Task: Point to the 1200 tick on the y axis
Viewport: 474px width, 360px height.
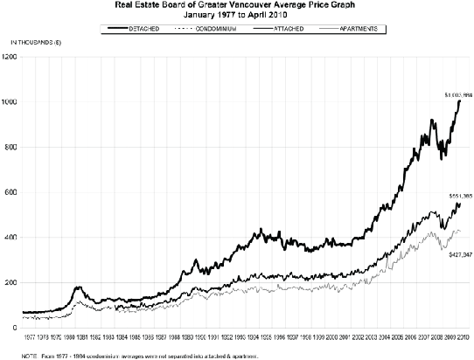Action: point(10,57)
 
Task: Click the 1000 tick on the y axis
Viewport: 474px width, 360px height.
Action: point(10,102)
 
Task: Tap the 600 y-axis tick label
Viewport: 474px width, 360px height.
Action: point(11,192)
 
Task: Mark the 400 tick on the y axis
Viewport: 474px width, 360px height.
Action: point(11,238)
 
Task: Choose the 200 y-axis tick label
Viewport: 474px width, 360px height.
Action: point(11,283)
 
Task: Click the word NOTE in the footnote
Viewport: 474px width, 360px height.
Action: point(10,357)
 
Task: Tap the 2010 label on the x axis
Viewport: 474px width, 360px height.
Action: point(464,336)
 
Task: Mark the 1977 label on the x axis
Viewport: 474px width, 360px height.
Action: point(30,336)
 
